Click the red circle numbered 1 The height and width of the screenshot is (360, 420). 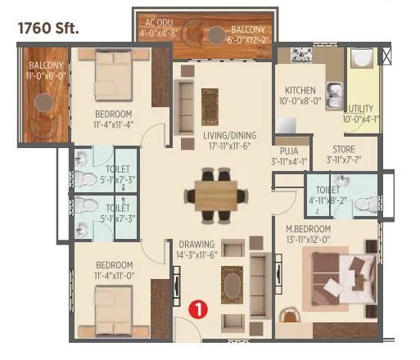197,309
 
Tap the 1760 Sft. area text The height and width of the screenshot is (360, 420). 48,28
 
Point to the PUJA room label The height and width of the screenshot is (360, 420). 288,151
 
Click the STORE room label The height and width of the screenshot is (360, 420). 344,150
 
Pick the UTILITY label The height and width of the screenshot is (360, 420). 361,108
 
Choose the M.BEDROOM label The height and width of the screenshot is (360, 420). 308,228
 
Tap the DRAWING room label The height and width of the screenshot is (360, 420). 197,244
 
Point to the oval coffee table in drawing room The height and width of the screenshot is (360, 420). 232,286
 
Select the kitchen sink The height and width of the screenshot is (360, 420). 333,91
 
